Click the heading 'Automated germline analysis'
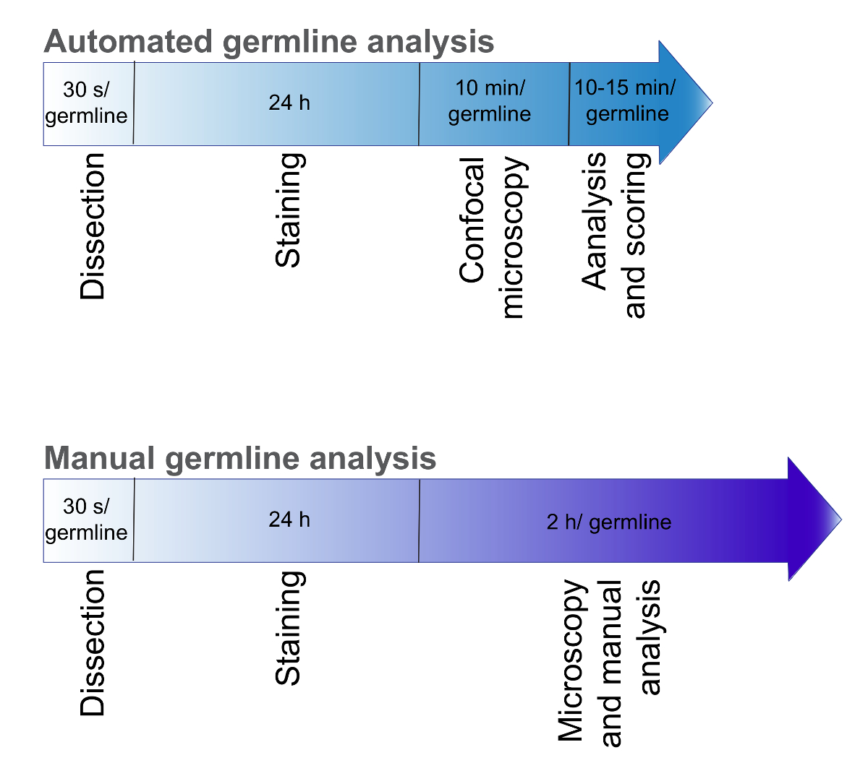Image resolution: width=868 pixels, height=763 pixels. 269,43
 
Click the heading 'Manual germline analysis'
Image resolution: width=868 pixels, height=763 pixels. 240,459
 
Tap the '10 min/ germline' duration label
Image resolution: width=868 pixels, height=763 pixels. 490,101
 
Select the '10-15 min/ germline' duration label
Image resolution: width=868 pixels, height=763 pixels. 626,101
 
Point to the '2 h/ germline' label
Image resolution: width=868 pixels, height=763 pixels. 609,522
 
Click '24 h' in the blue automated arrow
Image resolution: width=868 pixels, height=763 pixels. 289,103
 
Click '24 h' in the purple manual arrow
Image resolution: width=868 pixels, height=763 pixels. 289,520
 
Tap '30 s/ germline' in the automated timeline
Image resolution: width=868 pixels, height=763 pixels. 86,103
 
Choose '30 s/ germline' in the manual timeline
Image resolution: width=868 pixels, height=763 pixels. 86,520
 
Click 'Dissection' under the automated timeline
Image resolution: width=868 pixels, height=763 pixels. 92,226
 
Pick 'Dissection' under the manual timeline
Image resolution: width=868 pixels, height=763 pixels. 92,643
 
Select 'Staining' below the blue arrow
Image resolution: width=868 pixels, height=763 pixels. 289,210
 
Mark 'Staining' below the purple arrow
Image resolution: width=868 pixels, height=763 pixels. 289,628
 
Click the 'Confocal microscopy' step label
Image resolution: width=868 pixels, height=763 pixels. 493,238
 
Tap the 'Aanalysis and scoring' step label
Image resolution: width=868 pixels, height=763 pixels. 616,236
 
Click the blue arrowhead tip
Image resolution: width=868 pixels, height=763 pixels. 712,103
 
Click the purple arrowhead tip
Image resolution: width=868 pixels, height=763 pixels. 841,520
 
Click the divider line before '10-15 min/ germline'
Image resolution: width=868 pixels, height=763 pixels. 569,104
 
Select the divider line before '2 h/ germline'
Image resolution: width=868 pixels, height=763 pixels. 419,521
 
